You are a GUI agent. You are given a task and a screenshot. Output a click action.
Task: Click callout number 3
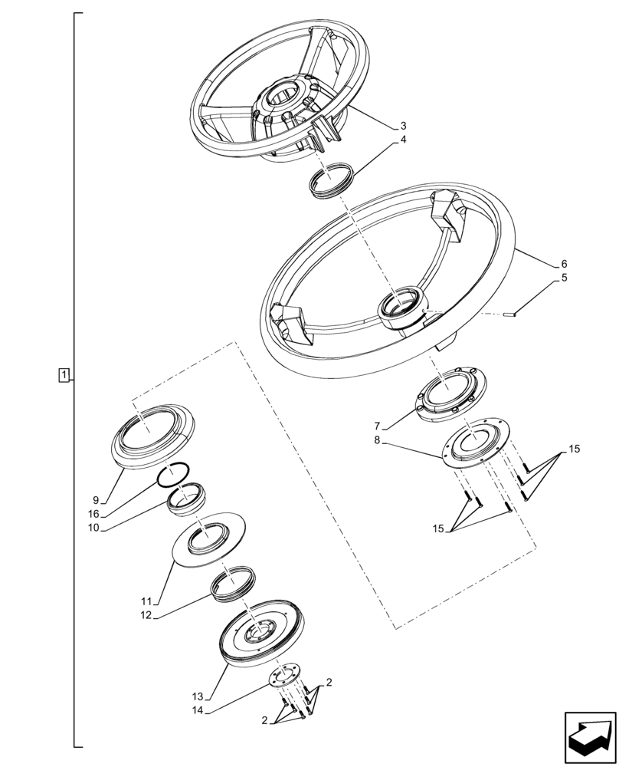(x=404, y=126)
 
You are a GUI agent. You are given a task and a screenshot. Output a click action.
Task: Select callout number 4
(x=404, y=141)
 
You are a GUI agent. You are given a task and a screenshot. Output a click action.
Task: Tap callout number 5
(x=565, y=278)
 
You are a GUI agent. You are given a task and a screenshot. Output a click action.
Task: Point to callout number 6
(x=565, y=264)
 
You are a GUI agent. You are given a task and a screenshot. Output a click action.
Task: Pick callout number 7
(x=377, y=426)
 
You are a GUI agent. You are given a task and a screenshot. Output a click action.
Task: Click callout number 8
(x=377, y=441)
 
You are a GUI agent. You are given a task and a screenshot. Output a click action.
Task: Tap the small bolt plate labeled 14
(x=287, y=677)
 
